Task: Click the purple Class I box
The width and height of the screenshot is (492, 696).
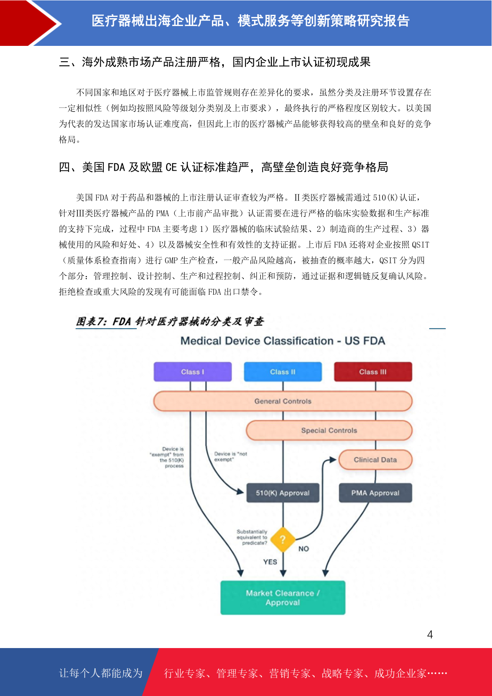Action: [193, 372]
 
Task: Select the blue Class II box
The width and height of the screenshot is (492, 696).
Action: [283, 372]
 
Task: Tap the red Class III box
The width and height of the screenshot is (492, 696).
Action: [373, 372]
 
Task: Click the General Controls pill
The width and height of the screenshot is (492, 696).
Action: [283, 401]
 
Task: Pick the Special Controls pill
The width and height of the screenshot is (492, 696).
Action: [329, 430]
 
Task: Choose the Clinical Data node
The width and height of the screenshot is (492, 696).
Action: [375, 460]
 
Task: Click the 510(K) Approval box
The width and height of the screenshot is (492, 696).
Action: [283, 493]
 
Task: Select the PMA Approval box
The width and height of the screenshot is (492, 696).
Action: [375, 493]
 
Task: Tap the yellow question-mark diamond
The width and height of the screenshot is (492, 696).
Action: [283, 540]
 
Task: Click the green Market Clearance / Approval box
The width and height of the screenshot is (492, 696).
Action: [283, 598]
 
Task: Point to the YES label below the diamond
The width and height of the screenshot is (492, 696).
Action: [270, 562]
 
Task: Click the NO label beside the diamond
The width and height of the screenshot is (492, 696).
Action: [304, 549]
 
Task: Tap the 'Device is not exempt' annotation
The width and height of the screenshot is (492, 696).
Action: [231, 456]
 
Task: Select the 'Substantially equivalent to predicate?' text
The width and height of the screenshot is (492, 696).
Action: [252, 537]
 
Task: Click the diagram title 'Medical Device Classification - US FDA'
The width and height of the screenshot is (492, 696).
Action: [283, 341]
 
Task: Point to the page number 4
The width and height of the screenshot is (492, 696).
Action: [430, 634]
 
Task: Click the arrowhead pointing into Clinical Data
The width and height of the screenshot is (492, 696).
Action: [333, 460]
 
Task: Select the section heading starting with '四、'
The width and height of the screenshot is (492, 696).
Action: [223, 167]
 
